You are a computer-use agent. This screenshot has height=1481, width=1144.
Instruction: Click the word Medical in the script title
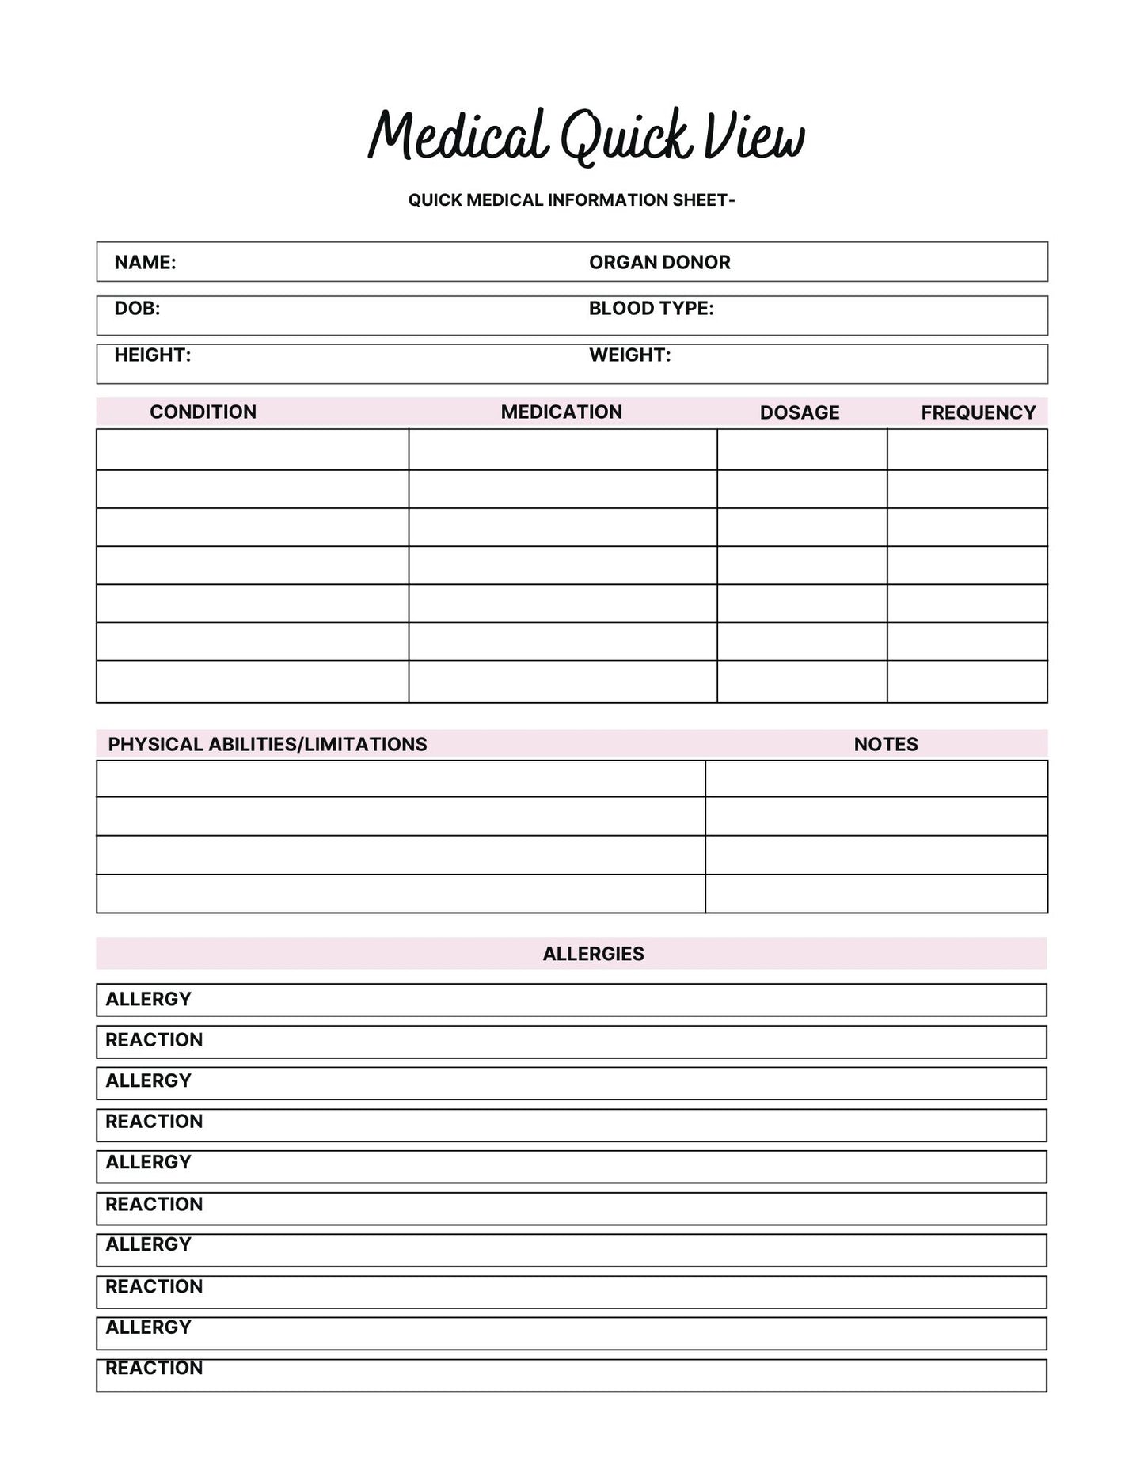(458, 136)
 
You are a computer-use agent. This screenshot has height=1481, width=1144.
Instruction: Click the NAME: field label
(145, 262)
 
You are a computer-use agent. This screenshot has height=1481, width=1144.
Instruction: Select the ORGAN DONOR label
(659, 262)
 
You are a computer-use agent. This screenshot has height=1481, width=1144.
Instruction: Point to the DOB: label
(137, 308)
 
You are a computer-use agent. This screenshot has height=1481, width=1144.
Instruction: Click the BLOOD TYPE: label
(651, 308)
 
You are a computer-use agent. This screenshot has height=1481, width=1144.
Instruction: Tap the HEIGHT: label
(153, 355)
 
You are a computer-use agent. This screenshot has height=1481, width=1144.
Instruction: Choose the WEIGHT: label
(629, 355)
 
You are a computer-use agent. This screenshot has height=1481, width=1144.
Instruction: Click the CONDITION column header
(203, 412)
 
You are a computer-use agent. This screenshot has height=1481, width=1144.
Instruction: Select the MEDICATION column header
(561, 412)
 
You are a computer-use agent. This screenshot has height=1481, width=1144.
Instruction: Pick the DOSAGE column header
(800, 412)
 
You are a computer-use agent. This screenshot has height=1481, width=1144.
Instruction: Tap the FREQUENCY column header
(979, 412)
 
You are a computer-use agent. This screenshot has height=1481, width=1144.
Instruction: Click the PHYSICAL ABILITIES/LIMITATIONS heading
(268, 744)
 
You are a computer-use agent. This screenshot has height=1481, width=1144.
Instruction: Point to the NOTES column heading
(886, 744)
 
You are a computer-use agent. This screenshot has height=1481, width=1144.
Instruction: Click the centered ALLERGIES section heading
(593, 954)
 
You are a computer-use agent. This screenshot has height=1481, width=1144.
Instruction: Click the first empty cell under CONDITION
(253, 450)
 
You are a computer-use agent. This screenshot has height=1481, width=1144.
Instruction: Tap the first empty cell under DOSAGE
(802, 450)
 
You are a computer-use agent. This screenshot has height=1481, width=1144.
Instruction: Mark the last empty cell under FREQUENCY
(967, 682)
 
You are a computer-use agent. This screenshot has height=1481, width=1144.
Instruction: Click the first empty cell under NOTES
(876, 779)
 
